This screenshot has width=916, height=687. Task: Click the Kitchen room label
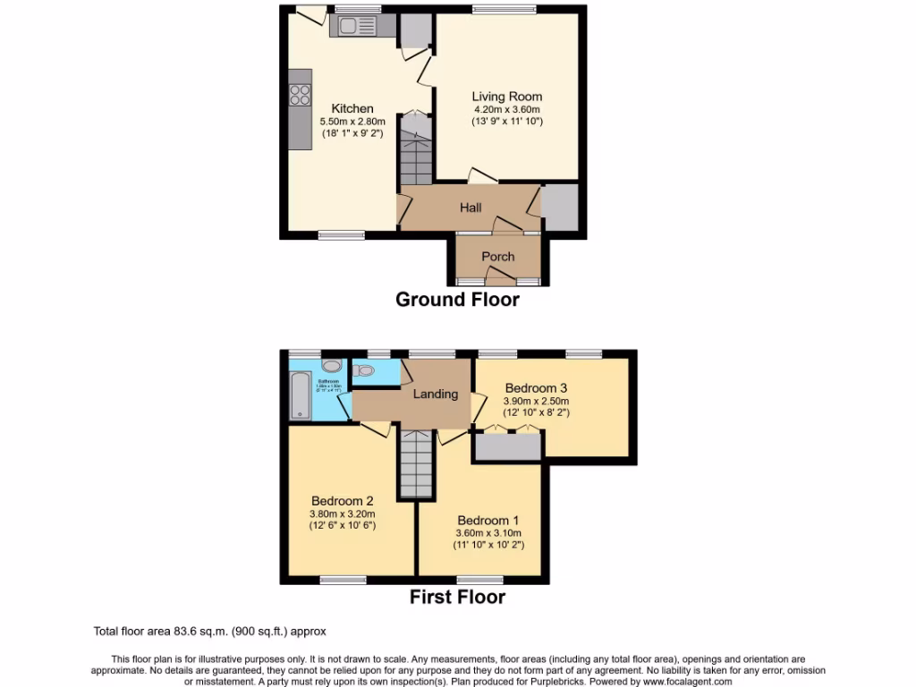tap(352, 109)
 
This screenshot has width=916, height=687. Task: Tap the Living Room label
tap(507, 97)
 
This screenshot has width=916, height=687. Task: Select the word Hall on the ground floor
tap(471, 208)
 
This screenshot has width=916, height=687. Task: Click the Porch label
tap(498, 257)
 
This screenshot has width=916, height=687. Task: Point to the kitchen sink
tap(354, 25)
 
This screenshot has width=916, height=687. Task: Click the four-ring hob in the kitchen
tap(300, 94)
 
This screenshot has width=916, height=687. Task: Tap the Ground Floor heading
tap(457, 300)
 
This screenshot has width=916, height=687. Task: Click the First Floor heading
tap(457, 597)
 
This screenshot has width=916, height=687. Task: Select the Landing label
tap(436, 394)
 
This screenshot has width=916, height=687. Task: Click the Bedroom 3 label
tap(536, 388)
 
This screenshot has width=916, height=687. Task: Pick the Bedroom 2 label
tap(343, 501)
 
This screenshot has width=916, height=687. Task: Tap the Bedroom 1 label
tap(488, 520)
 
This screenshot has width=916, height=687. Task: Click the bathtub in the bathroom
tap(298, 396)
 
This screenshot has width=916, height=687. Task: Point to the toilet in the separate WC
tap(364, 370)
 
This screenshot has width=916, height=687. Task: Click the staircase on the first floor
tap(417, 463)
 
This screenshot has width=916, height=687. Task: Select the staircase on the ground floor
tap(415, 155)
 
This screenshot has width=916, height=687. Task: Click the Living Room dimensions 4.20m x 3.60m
tap(507, 109)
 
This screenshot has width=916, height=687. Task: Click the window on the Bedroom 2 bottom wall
tap(343, 580)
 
